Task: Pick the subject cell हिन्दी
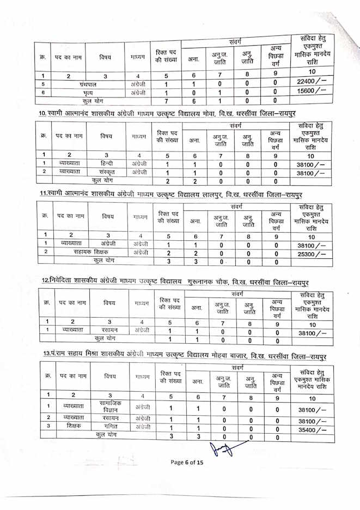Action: tap(107, 163)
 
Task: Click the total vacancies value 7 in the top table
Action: tap(165, 101)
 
